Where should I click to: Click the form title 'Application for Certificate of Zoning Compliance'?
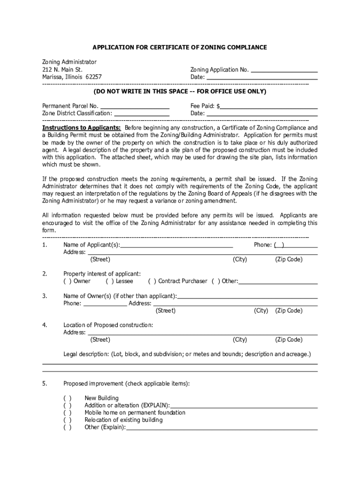click(180, 48)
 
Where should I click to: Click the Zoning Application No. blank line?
click(284, 70)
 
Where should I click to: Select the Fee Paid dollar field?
click(269, 106)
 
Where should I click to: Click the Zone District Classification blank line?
click(142, 113)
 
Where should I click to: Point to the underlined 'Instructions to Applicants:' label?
click(81, 128)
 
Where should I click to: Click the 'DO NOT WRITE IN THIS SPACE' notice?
click(180, 91)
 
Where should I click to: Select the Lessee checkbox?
click(109, 281)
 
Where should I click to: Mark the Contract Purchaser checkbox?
click(152, 281)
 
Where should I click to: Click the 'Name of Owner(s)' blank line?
click(247, 296)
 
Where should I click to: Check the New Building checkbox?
click(67, 398)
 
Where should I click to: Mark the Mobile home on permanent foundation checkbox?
click(67, 413)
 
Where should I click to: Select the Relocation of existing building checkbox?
click(67, 420)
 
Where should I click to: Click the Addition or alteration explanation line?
click(244, 406)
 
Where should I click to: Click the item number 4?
click(44, 325)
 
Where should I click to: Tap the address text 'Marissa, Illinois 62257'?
click(72, 77)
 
